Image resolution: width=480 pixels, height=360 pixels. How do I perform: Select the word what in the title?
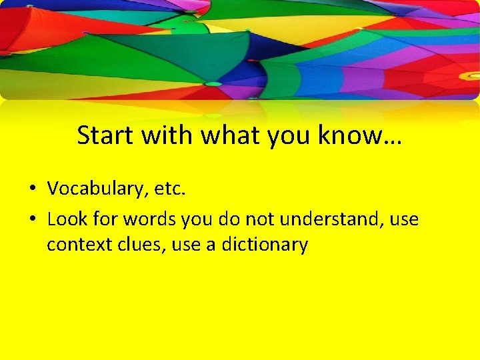pos(231,135)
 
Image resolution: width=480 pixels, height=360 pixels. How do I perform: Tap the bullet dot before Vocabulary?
pos(31,189)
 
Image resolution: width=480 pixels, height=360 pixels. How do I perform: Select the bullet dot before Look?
pos(31,218)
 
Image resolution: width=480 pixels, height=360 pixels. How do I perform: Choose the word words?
pos(149,218)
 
